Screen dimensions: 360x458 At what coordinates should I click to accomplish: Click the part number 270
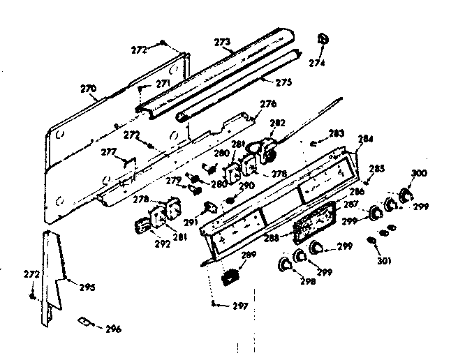(89, 89)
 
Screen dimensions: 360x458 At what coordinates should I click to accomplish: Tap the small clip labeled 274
(322, 39)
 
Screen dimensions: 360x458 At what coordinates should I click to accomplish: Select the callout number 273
(222, 42)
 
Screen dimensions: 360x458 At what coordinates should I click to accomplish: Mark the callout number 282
(277, 122)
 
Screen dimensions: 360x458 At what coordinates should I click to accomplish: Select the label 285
(376, 168)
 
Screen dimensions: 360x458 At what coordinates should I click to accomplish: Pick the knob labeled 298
(286, 264)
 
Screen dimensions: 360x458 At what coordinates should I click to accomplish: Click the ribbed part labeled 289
(227, 276)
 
